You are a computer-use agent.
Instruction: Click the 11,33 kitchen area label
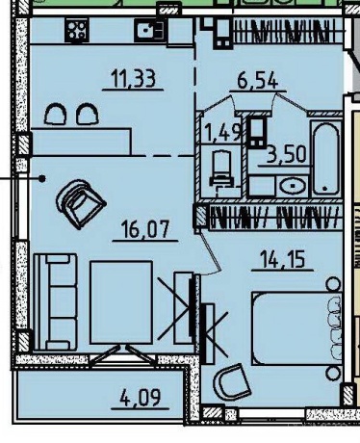(x=133, y=79)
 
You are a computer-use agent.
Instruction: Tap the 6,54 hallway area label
(x=257, y=80)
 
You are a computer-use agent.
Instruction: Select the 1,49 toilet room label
(x=223, y=132)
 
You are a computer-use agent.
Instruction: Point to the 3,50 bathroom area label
(x=286, y=154)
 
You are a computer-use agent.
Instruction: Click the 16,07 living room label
(x=144, y=229)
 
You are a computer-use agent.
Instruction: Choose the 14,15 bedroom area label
(x=282, y=259)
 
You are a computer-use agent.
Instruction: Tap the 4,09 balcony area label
(x=140, y=398)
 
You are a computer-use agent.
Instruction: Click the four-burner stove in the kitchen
(x=77, y=30)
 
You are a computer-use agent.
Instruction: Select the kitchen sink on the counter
(x=150, y=30)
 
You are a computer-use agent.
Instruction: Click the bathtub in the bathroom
(x=325, y=159)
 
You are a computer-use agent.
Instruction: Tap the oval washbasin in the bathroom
(x=293, y=186)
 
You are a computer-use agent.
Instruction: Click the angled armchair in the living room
(x=80, y=203)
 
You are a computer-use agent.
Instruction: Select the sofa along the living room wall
(x=56, y=301)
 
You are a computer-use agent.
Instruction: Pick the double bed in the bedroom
(x=296, y=328)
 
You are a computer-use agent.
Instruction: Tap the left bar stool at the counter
(x=56, y=114)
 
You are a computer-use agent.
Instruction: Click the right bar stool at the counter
(x=88, y=114)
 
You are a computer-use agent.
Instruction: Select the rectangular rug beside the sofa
(x=121, y=302)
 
